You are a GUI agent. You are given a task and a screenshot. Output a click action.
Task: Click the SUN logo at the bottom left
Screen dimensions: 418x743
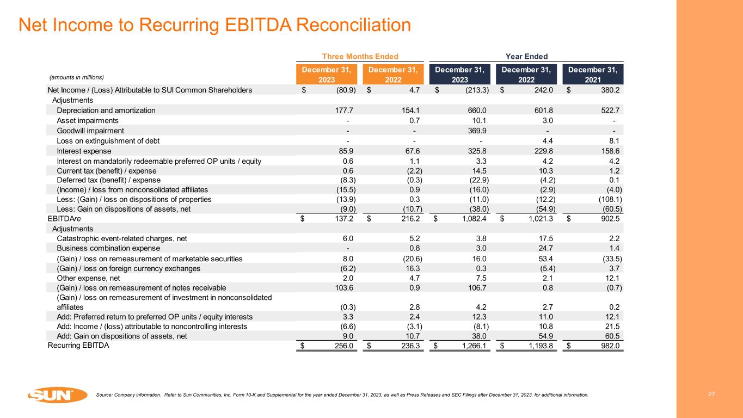pyautogui.click(x=57, y=395)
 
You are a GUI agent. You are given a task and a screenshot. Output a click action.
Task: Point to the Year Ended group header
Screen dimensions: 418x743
pyautogui.click(x=526, y=56)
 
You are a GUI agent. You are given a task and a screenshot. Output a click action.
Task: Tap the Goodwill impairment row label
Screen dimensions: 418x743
pyautogui.click(x=90, y=131)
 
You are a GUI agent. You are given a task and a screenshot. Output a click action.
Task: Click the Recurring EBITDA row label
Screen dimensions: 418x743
pyautogui.click(x=78, y=345)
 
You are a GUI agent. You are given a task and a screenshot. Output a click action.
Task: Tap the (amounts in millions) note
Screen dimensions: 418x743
pyautogui.click(x=76, y=77)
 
